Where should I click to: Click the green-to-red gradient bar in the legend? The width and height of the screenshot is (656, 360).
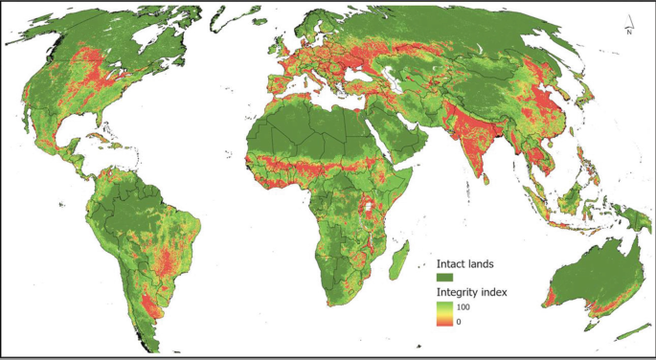coord(446,312)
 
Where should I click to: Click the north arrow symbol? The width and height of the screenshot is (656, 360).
coord(626,27)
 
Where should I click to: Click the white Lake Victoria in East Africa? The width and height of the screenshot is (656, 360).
coord(367,205)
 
